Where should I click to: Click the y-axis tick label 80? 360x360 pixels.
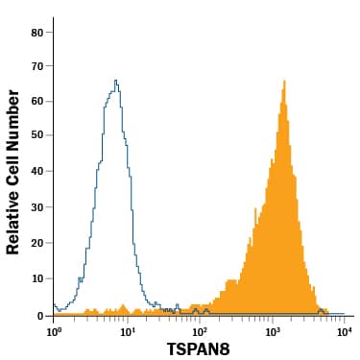36,31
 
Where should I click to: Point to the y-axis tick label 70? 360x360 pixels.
36,66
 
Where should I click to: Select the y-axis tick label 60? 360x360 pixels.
36,102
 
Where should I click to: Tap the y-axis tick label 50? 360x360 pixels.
36,137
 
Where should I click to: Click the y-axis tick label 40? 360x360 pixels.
36,173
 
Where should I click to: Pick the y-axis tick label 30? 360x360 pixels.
36,208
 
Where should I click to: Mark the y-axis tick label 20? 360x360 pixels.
36,244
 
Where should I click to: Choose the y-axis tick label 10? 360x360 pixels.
36,279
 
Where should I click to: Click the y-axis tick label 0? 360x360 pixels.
40,315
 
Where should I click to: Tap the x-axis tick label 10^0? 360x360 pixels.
54,331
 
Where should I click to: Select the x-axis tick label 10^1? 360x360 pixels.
127,331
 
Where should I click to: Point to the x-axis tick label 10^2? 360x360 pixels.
200,331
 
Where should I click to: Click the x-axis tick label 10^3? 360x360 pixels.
273,331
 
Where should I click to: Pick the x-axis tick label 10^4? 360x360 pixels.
345,331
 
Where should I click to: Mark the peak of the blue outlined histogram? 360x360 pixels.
116,81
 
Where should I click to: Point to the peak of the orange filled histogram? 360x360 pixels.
284,81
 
